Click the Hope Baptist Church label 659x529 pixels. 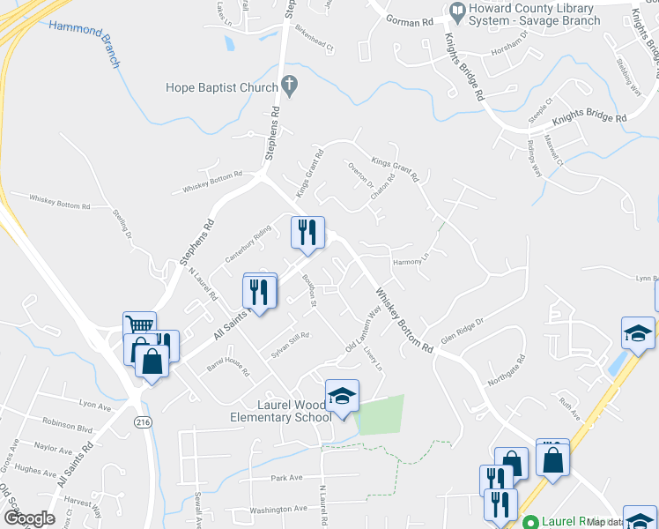pos(222,86)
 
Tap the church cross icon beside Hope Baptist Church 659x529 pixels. pos(290,86)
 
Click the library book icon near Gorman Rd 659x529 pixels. pos(457,11)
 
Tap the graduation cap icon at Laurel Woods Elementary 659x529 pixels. pos(342,396)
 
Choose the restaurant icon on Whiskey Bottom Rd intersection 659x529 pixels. pos(307,233)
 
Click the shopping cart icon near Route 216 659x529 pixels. pos(139,328)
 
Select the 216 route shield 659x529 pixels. pos(142,423)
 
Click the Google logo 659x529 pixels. pos(28,518)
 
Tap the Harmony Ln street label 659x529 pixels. pos(410,261)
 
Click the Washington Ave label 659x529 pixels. pos(278,510)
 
